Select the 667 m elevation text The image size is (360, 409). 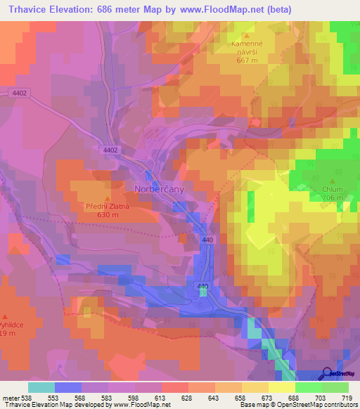pyautogui.click(x=250, y=60)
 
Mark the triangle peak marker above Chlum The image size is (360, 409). pyautogui.click(x=331, y=180)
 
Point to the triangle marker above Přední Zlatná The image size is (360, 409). pyautogui.click(x=107, y=198)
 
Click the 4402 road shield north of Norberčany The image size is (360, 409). pyautogui.click(x=110, y=150)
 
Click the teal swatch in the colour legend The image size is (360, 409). pyautogui.click(x=41, y=387)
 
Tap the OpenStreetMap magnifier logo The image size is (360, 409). pyautogui.click(x=328, y=373)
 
